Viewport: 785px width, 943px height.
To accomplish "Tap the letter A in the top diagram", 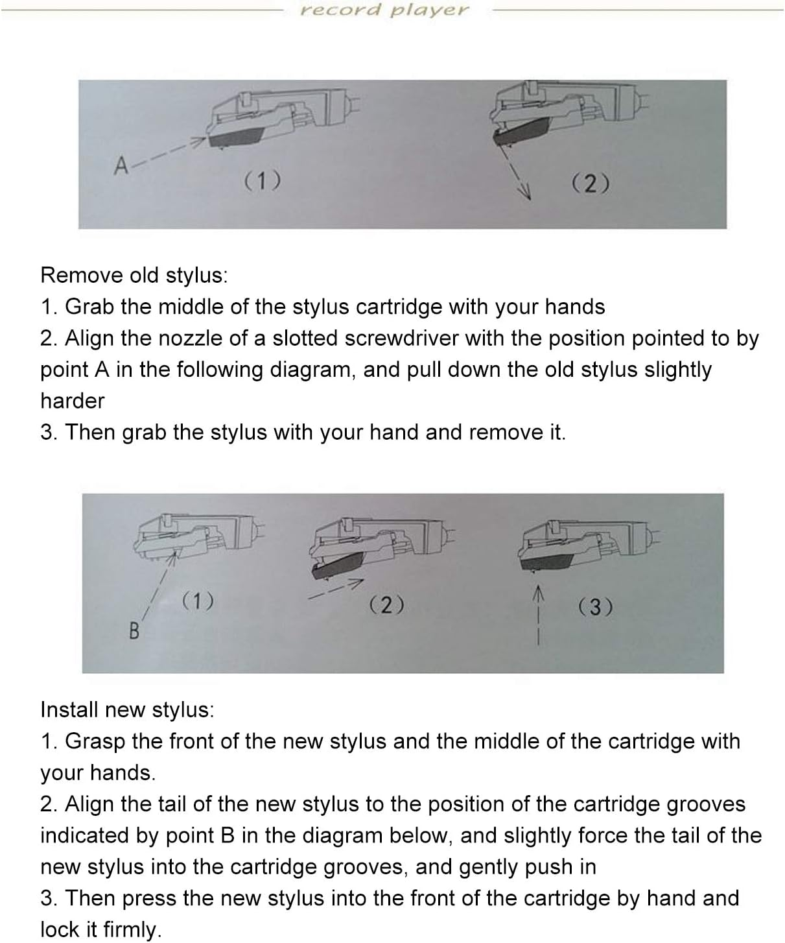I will coord(121,167).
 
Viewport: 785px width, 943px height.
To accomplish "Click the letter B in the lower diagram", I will coord(134,630).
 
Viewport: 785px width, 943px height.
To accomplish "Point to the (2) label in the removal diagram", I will coord(590,184).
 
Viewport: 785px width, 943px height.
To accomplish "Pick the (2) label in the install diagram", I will coord(386,605).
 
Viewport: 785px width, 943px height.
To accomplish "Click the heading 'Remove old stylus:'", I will coord(134,275).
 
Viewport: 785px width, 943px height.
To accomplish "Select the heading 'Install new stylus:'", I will coord(127,710).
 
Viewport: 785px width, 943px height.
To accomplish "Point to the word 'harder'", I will coord(72,401).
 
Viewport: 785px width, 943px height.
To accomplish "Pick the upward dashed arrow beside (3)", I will coord(537,616).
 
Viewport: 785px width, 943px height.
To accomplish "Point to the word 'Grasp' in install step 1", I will coord(96,741).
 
